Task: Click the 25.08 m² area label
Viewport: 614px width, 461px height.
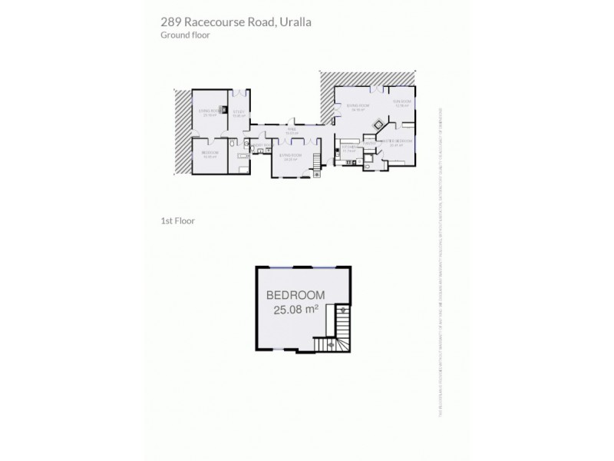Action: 295,310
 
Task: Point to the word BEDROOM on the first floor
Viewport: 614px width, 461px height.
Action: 295,295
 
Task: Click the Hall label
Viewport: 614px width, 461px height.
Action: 291,131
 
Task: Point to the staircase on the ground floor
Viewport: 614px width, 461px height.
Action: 318,173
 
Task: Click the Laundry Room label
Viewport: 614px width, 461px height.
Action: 260,145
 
